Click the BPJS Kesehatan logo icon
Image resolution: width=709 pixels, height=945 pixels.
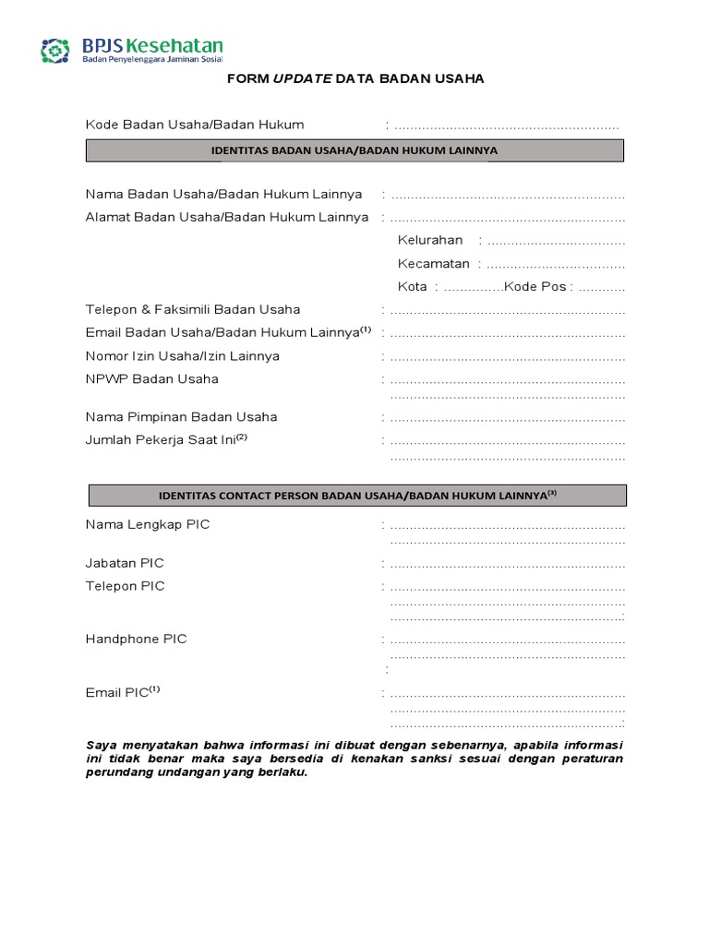coord(55,50)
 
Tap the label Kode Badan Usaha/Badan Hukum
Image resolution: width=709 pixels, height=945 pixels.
coord(195,125)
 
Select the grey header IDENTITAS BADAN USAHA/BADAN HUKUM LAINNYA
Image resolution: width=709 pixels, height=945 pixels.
coord(354,150)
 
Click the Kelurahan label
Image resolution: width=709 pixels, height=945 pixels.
coord(430,241)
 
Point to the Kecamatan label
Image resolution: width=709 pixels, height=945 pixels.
coord(433,264)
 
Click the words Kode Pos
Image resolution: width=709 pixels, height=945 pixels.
coord(535,287)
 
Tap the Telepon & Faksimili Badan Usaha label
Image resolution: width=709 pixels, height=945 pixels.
coord(193,310)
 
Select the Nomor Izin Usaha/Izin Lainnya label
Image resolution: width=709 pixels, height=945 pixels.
coord(183,356)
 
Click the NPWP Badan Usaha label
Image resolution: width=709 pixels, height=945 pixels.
coord(152,379)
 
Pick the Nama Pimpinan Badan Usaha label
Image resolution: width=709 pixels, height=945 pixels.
coord(181,417)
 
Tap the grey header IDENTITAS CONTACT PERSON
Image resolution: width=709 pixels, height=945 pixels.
coord(356,496)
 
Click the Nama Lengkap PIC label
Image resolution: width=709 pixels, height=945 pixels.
coord(148,525)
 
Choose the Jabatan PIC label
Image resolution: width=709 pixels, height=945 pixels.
coord(125,563)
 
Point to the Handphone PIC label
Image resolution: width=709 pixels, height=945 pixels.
coord(136,640)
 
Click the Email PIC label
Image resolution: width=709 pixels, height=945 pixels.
coord(118,693)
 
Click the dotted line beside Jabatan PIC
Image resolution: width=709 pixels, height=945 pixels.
coord(507,564)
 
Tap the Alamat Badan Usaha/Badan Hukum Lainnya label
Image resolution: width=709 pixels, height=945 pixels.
coord(227,218)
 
